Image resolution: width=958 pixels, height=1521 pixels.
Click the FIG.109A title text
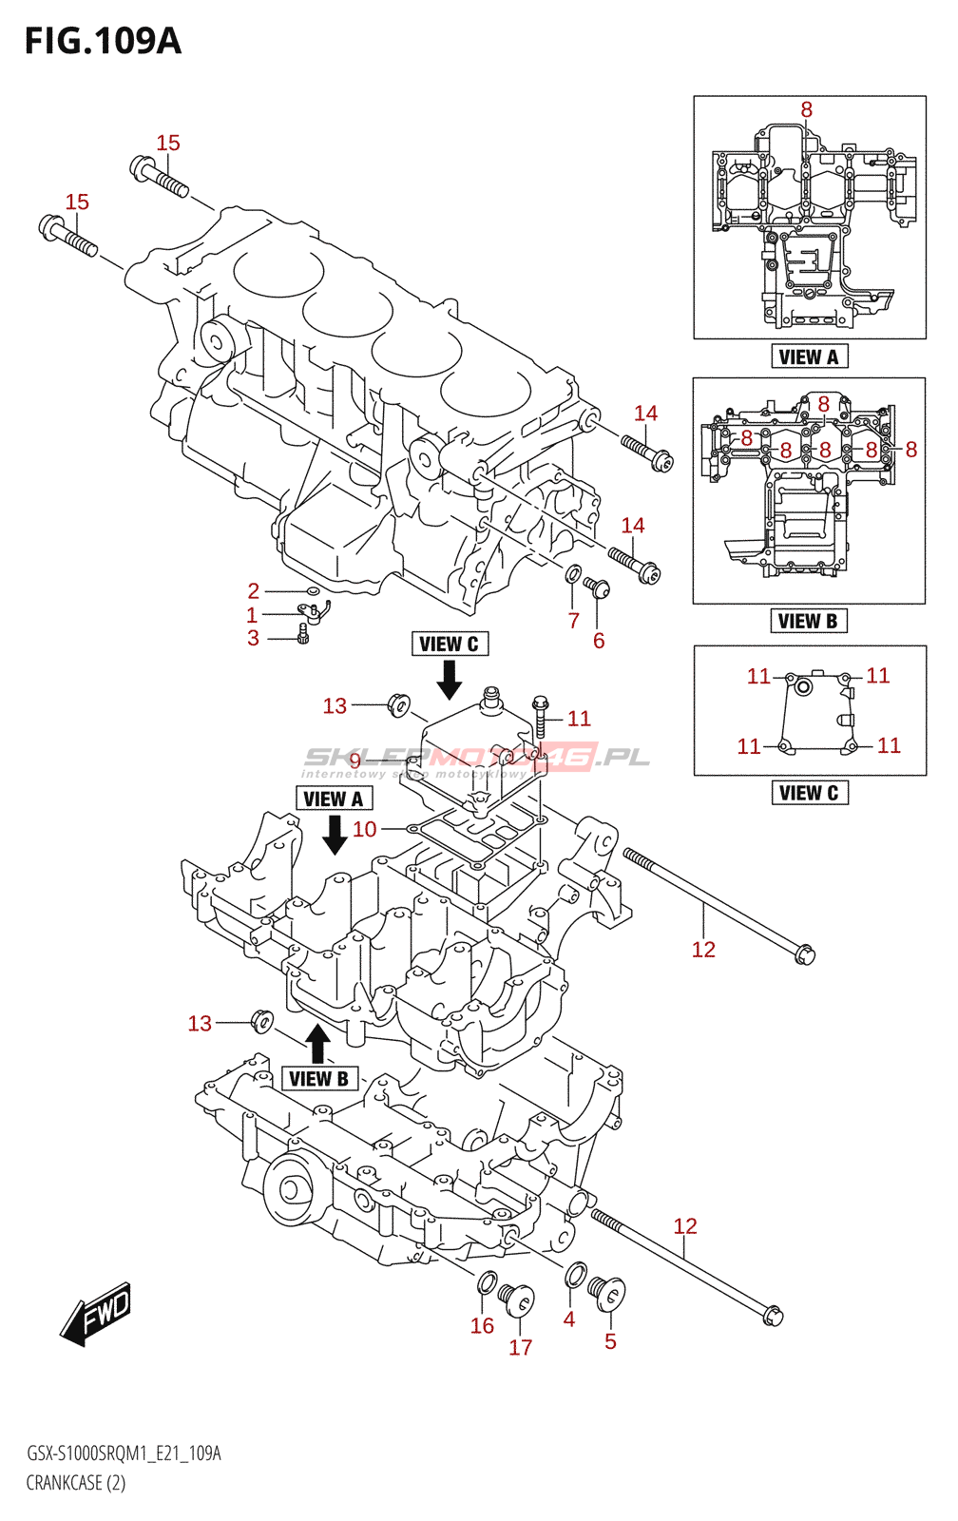(103, 41)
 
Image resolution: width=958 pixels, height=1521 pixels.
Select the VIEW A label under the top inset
(809, 356)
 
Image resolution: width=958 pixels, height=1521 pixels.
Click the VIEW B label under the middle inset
(808, 621)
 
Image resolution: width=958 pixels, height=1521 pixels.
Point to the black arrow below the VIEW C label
(450, 679)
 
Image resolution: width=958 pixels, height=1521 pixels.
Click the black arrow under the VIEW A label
(335, 834)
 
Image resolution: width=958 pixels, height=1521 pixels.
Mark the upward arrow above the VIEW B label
(318, 1043)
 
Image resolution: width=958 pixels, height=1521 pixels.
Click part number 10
(365, 829)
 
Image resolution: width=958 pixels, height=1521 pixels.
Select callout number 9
(354, 760)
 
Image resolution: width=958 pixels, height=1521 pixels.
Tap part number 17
(521, 1347)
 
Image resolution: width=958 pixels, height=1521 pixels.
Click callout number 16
(482, 1326)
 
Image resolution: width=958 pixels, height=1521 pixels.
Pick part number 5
(610, 1341)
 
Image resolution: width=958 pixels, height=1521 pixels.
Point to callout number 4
(569, 1319)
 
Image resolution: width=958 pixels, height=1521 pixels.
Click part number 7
(574, 621)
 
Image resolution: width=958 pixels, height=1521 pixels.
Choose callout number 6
(599, 641)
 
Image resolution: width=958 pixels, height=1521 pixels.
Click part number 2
(254, 590)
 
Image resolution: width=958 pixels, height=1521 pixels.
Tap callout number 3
(254, 638)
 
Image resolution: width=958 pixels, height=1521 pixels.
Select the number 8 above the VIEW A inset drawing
(807, 110)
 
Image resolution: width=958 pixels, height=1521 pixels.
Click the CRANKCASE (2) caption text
(76, 1483)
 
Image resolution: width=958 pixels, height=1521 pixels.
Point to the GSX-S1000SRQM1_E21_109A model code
(124, 1454)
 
